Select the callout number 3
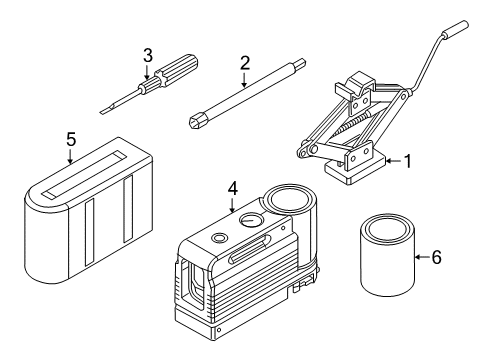click(x=147, y=54)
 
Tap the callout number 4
click(x=232, y=187)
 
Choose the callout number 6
click(x=435, y=257)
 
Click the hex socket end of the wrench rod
click(x=196, y=123)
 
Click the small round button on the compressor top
click(x=218, y=238)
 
